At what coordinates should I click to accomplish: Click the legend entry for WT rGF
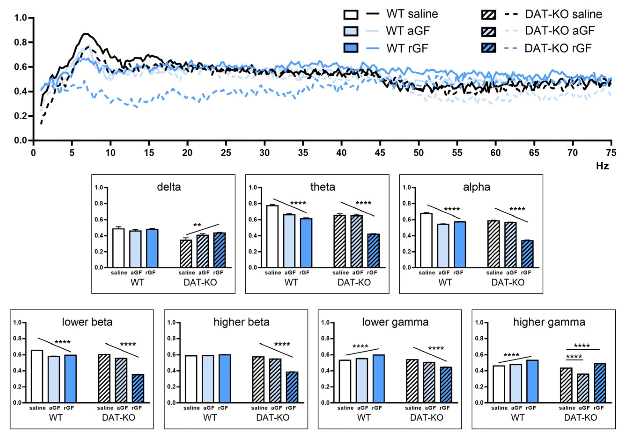[x=407, y=48]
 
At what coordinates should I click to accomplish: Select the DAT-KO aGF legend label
[x=559, y=31]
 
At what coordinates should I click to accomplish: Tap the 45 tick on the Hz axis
[x=380, y=153]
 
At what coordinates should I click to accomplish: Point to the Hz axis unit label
[x=602, y=166]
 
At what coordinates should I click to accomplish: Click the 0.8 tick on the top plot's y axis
[x=20, y=43]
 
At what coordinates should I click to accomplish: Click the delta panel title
[x=169, y=187]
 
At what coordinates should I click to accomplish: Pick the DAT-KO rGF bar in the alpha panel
[x=527, y=254]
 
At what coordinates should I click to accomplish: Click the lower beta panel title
[x=87, y=322]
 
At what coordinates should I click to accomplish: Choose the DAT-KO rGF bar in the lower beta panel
[x=138, y=389]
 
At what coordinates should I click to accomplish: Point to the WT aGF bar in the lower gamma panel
[x=362, y=380]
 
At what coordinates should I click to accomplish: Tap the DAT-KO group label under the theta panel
[x=354, y=282]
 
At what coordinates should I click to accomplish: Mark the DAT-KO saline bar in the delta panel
[x=186, y=253]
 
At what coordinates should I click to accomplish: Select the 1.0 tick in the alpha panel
[x=407, y=187]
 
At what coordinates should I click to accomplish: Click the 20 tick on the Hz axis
[x=187, y=153]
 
